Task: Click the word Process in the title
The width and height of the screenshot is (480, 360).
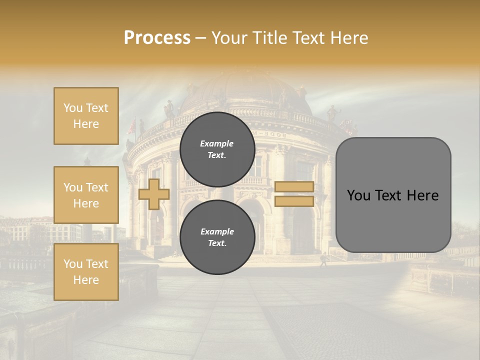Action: pos(157,38)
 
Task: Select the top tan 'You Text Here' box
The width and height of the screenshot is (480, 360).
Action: pos(86,116)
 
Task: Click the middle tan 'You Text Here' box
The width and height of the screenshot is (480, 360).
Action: pos(86,195)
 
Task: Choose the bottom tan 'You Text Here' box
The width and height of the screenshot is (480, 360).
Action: pos(86,272)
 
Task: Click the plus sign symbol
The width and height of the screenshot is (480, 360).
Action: pos(153,194)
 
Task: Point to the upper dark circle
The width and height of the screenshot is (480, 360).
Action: pos(217,149)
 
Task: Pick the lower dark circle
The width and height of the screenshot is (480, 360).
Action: pos(217,237)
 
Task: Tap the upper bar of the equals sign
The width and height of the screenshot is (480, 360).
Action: pos(294,186)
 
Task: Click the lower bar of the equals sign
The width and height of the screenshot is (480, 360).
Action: pos(294,201)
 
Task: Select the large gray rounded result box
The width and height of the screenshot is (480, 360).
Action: pos(393,195)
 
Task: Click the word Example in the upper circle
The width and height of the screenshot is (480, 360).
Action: pos(216,143)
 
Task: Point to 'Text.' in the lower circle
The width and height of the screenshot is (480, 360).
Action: pos(217,243)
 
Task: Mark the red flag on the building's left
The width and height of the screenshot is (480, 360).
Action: pos(132,127)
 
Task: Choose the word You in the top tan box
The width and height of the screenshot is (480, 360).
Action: pos(72,108)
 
